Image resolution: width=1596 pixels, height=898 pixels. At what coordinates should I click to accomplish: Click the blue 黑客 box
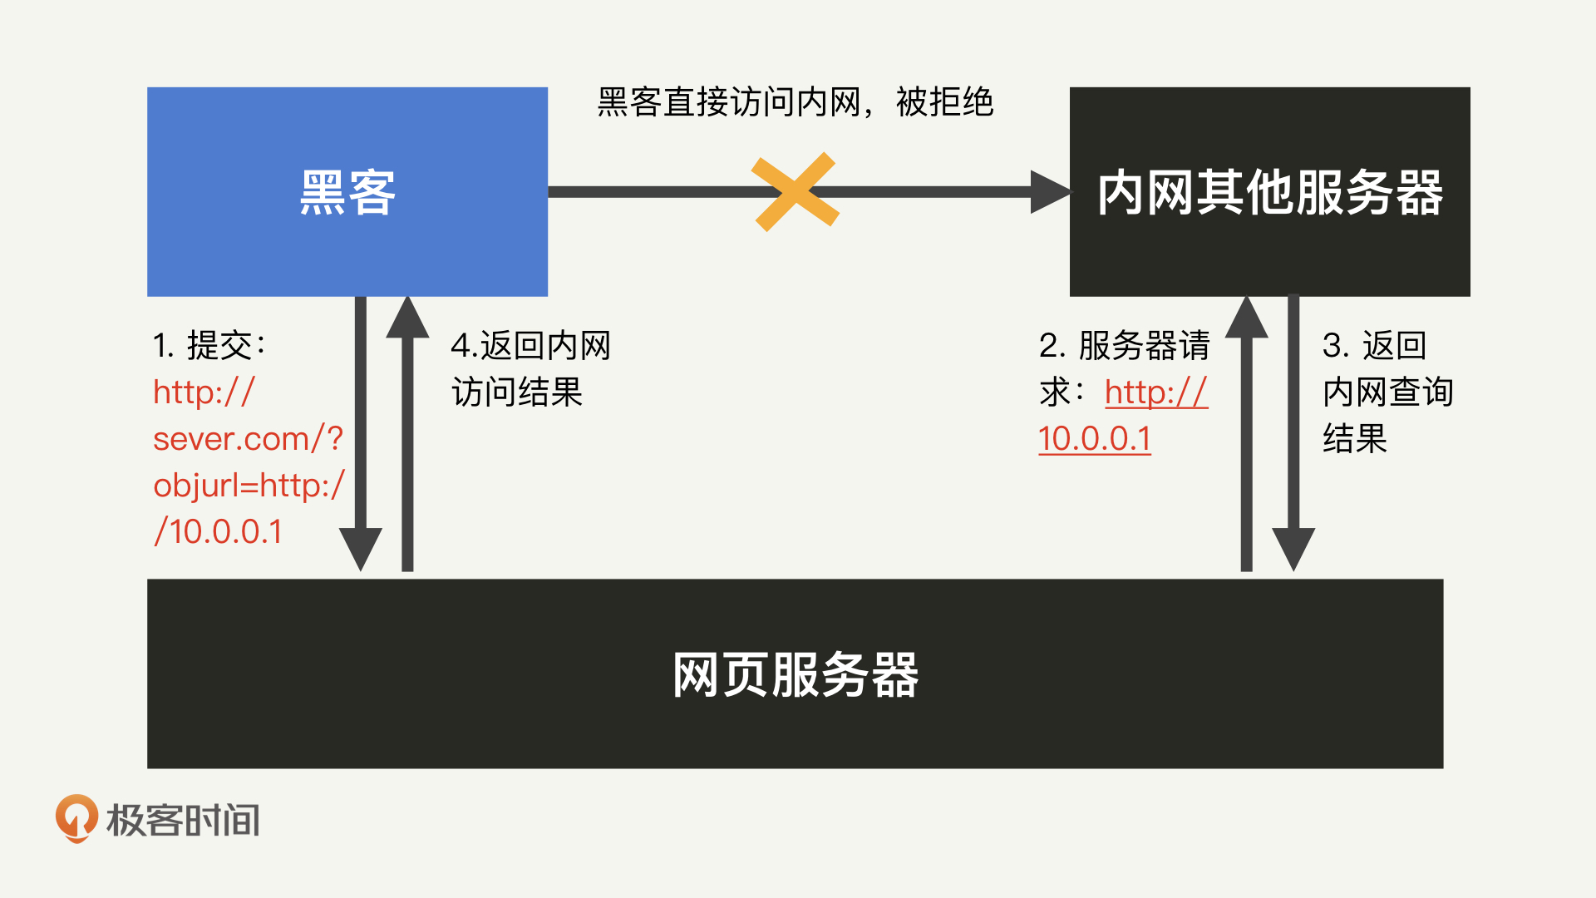[347, 191]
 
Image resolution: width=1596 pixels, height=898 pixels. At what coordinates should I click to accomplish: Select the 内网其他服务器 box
[1269, 191]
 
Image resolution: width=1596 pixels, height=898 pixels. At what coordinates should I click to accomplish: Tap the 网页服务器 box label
[795, 674]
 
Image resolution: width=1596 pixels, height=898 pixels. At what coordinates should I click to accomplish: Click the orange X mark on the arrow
[795, 191]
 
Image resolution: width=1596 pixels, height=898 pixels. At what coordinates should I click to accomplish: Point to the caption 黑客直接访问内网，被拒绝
[795, 102]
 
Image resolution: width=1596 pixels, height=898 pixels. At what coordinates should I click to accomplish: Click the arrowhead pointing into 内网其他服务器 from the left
[1049, 192]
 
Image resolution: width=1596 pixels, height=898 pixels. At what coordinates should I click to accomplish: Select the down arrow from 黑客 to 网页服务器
[361, 432]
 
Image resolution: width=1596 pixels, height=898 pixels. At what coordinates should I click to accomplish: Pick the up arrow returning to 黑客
[407, 432]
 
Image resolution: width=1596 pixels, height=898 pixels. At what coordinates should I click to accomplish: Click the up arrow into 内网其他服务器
[1246, 432]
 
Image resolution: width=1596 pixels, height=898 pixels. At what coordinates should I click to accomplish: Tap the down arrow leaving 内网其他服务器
[1293, 432]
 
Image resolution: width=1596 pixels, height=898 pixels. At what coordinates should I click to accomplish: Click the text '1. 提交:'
[209, 345]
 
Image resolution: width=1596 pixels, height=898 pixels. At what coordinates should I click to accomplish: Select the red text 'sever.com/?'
[248, 438]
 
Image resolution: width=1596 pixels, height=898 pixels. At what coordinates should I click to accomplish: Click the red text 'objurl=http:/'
[249, 485]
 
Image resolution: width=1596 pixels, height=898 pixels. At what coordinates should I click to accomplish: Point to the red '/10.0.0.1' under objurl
[218, 531]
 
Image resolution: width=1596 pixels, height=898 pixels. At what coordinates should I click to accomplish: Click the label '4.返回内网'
[530, 345]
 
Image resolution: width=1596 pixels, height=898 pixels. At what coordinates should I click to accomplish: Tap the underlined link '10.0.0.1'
[1094, 438]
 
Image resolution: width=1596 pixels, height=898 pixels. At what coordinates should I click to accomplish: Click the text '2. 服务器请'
[1124, 345]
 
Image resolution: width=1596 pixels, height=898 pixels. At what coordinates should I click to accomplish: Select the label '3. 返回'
[1374, 345]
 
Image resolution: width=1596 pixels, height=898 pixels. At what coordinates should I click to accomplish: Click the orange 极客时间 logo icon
[76, 818]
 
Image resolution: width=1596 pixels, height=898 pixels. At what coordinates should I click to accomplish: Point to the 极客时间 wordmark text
[183, 820]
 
